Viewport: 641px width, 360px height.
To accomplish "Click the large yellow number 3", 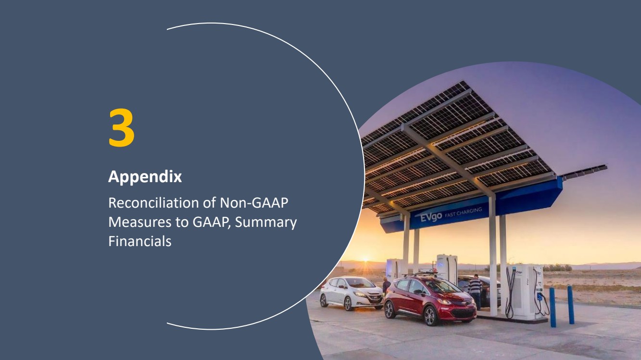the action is (121, 127).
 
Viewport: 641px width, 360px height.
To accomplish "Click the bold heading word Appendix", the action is (145, 176).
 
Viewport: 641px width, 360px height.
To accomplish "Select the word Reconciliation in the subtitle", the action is (153, 203).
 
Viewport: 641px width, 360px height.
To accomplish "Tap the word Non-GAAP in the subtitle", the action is (254, 203).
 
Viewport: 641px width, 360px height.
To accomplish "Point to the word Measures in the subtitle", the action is (140, 222).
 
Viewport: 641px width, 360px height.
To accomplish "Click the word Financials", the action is (139, 241).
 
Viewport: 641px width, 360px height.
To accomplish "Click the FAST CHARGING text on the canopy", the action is (464, 212).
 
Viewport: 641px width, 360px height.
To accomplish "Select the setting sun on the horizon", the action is (365, 260).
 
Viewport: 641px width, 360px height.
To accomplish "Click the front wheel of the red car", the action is (430, 316).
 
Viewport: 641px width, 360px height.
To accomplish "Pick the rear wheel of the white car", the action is (324, 301).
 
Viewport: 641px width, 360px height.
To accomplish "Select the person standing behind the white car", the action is (386, 285).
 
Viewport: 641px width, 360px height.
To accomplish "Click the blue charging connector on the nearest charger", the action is (540, 297).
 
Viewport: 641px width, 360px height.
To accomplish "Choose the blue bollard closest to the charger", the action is (553, 307).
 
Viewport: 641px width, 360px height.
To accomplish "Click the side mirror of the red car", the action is (418, 292).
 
